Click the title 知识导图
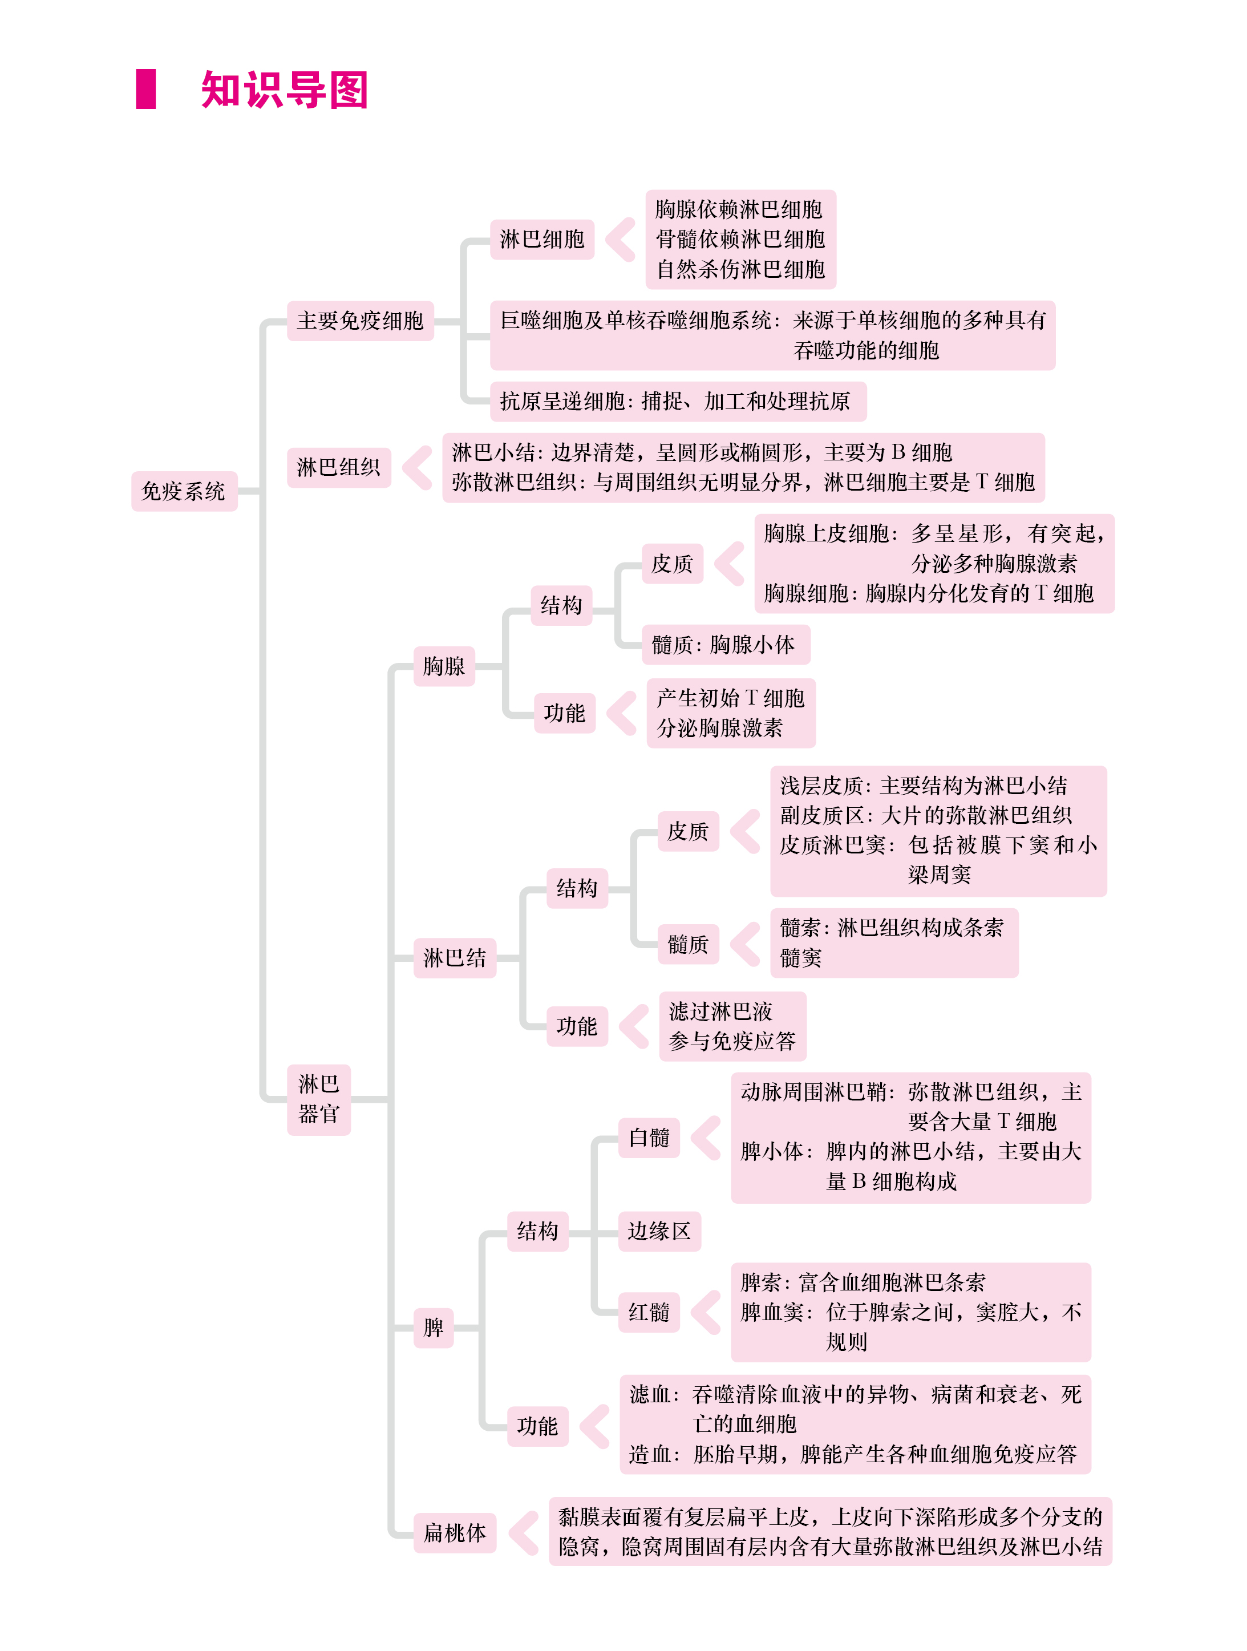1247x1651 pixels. click(284, 90)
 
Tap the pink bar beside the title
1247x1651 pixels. click(145, 89)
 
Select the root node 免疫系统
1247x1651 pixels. click(184, 491)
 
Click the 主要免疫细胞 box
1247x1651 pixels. click(361, 321)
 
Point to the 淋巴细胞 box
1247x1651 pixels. click(542, 240)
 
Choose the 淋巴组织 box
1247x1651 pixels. click(339, 467)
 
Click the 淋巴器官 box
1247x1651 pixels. click(319, 1099)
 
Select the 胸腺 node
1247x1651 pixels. click(444, 666)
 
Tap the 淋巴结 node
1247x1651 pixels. click(455, 958)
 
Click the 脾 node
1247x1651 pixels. click(434, 1328)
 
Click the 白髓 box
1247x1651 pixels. click(649, 1138)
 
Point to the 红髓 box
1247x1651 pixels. click(649, 1312)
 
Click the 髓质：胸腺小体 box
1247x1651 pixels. click(726, 645)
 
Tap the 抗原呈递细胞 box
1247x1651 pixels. click(678, 402)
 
